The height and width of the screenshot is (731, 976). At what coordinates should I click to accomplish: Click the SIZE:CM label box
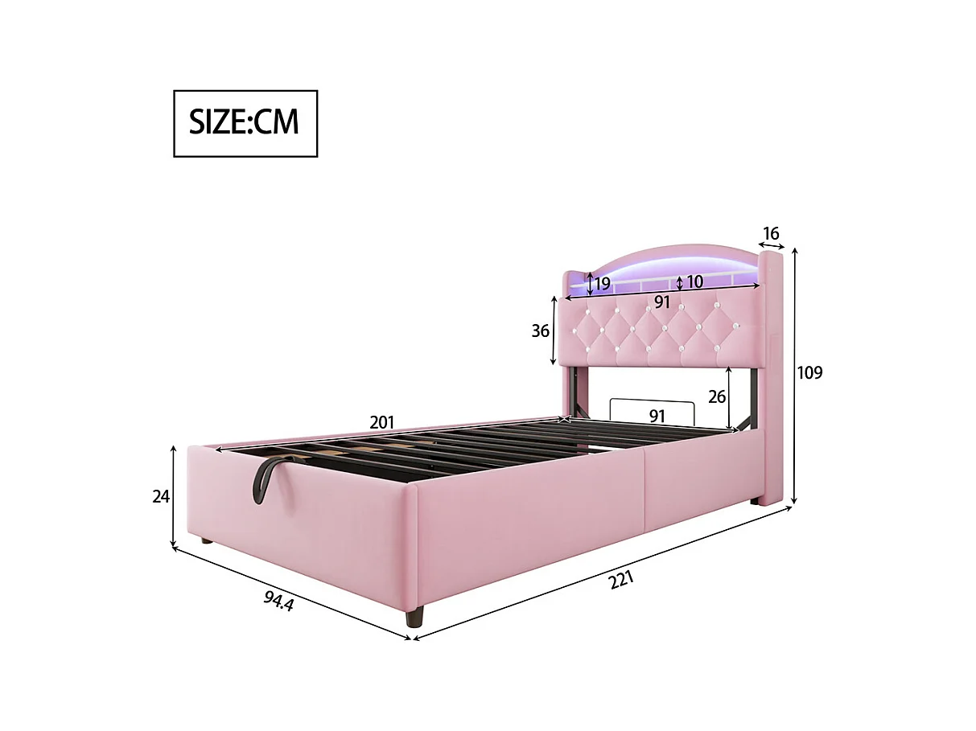pyautogui.click(x=245, y=123)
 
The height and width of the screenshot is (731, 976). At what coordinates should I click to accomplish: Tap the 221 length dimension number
pyautogui.click(x=621, y=579)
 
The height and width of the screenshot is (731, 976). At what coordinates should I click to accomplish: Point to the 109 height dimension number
pyautogui.click(x=809, y=373)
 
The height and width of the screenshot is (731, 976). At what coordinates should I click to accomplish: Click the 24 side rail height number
pyautogui.click(x=161, y=497)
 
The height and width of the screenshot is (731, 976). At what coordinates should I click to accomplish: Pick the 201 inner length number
pyautogui.click(x=382, y=421)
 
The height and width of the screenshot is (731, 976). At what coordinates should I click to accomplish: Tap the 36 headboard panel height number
pyautogui.click(x=541, y=331)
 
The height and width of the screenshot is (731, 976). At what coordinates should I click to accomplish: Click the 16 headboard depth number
pyautogui.click(x=771, y=233)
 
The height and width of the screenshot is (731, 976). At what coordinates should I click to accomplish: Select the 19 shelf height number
pyautogui.click(x=602, y=283)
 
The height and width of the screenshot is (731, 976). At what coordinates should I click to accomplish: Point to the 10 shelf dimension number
pyautogui.click(x=694, y=282)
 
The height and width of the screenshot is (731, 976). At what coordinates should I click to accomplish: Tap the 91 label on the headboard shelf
pyautogui.click(x=661, y=302)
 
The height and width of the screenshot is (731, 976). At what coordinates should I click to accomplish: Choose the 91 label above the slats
pyautogui.click(x=657, y=416)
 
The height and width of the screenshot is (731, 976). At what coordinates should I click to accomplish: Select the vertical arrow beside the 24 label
pyautogui.click(x=174, y=497)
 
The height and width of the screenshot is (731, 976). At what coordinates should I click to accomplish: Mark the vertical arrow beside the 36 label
pyautogui.click(x=554, y=331)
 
